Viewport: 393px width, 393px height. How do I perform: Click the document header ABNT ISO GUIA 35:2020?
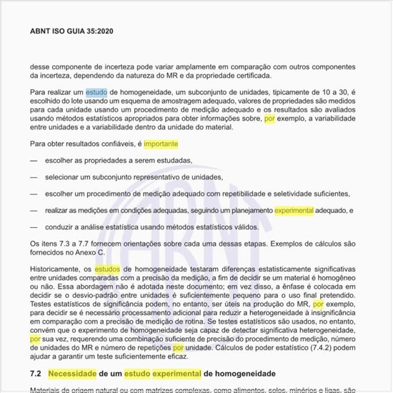pos(71,31)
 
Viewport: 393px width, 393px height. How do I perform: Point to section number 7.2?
pos(36,373)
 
